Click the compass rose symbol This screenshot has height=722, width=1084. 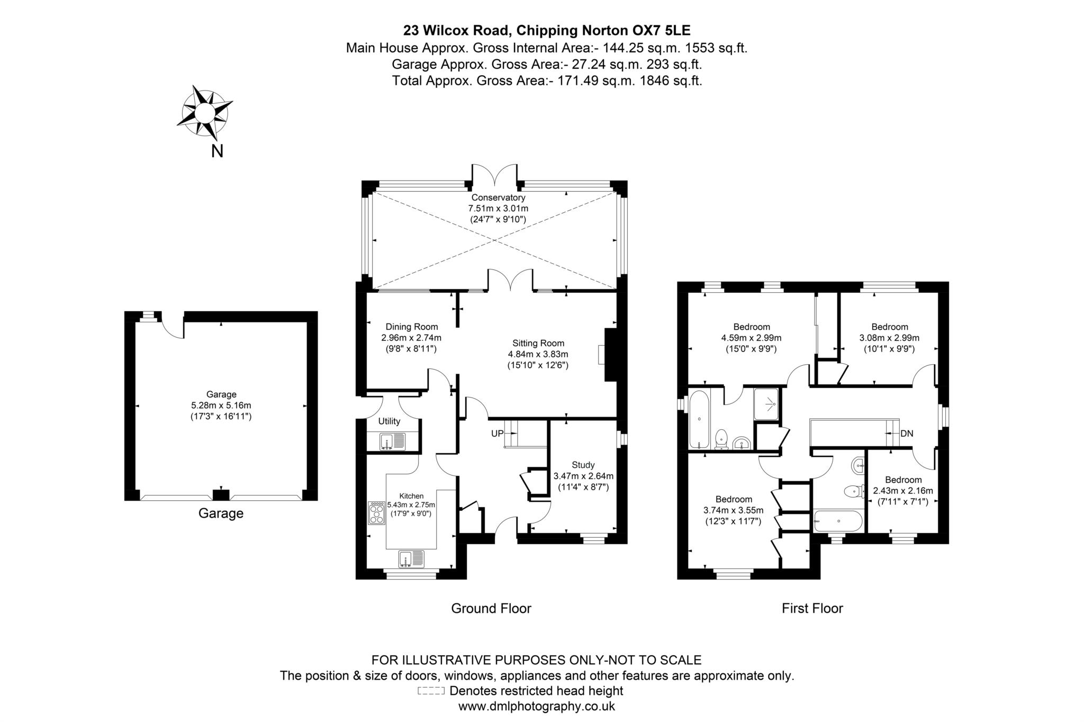click(204, 112)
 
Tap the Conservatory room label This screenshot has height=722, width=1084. click(498, 197)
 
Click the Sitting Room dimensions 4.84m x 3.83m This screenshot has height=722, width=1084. click(538, 354)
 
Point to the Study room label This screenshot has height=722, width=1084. click(583, 465)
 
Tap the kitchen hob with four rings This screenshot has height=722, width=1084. click(377, 513)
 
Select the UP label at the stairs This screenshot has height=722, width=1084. click(497, 434)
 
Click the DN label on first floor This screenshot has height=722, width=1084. click(907, 434)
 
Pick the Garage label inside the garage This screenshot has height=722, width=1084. click(221, 394)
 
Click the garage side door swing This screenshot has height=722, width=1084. click(173, 327)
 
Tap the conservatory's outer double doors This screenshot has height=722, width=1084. click(494, 174)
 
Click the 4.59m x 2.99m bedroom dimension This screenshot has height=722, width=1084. click(751, 338)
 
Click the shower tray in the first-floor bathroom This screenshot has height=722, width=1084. click(766, 404)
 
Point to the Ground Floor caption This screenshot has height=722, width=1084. click(491, 608)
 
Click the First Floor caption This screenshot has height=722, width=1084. click(812, 608)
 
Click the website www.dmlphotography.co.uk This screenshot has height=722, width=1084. click(536, 706)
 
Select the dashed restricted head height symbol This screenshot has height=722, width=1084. click(431, 691)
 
